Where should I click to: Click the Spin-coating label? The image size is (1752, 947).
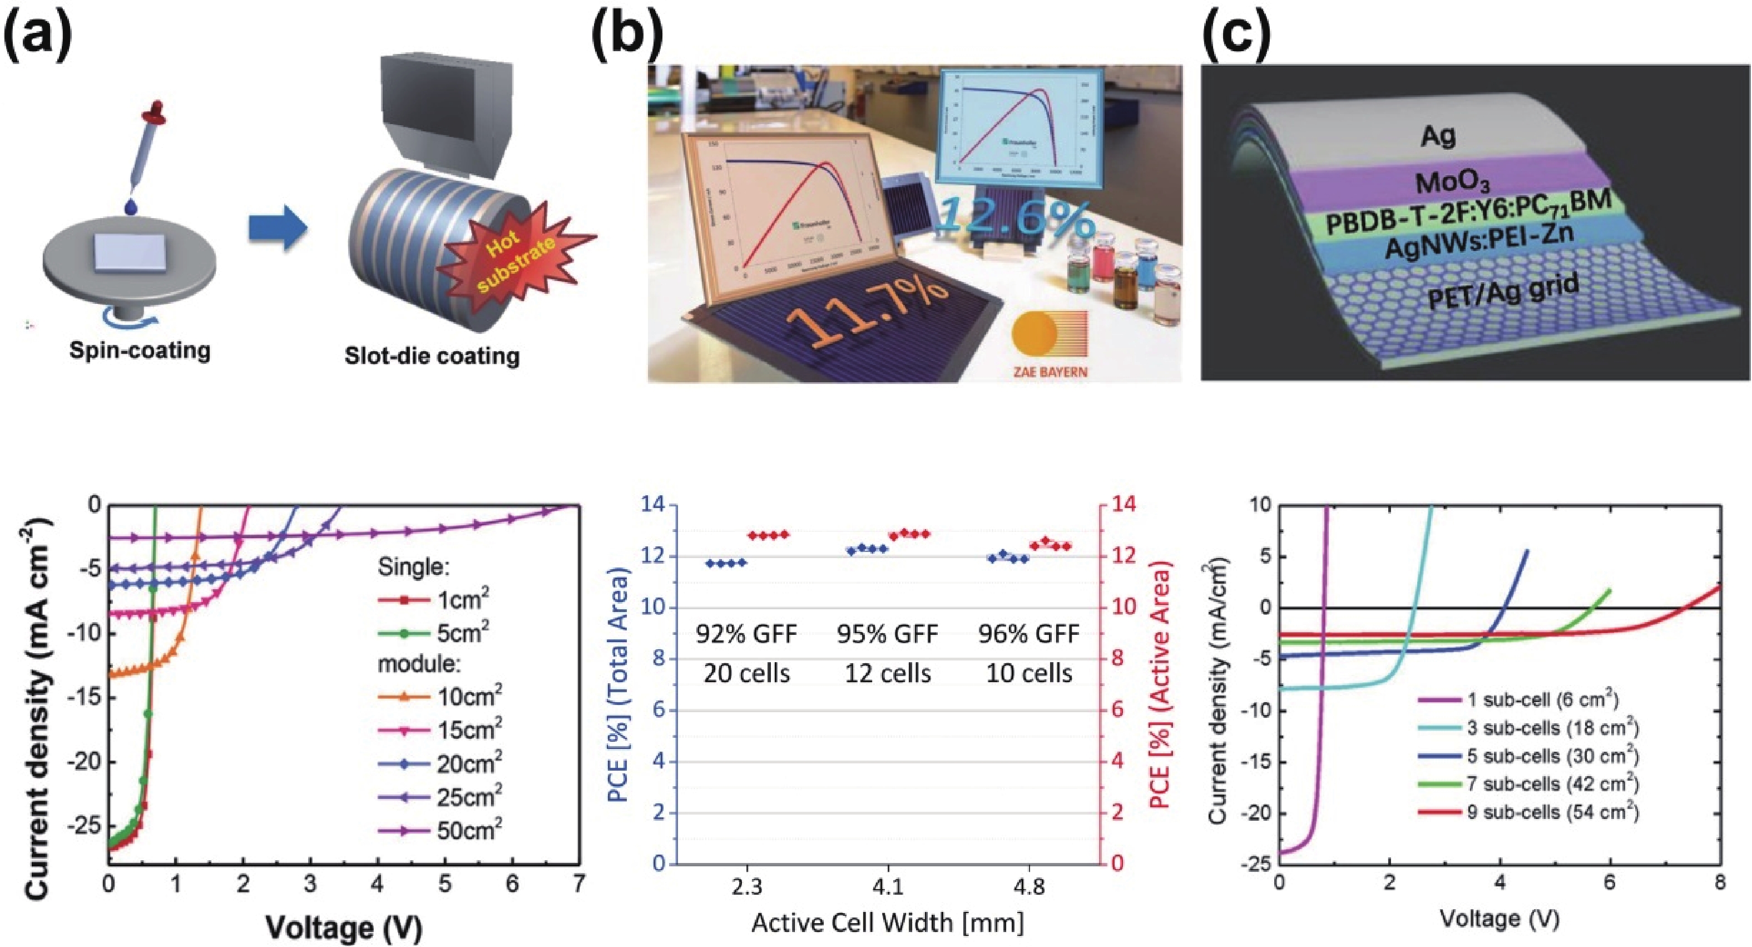[140, 351]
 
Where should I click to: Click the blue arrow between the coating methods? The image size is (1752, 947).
[278, 228]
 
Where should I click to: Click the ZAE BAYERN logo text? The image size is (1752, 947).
[1050, 372]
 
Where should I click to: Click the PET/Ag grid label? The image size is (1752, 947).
[1503, 300]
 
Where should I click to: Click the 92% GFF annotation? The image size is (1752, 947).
[746, 634]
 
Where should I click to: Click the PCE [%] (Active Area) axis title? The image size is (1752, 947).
[1161, 684]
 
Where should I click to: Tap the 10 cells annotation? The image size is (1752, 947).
[1028, 673]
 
